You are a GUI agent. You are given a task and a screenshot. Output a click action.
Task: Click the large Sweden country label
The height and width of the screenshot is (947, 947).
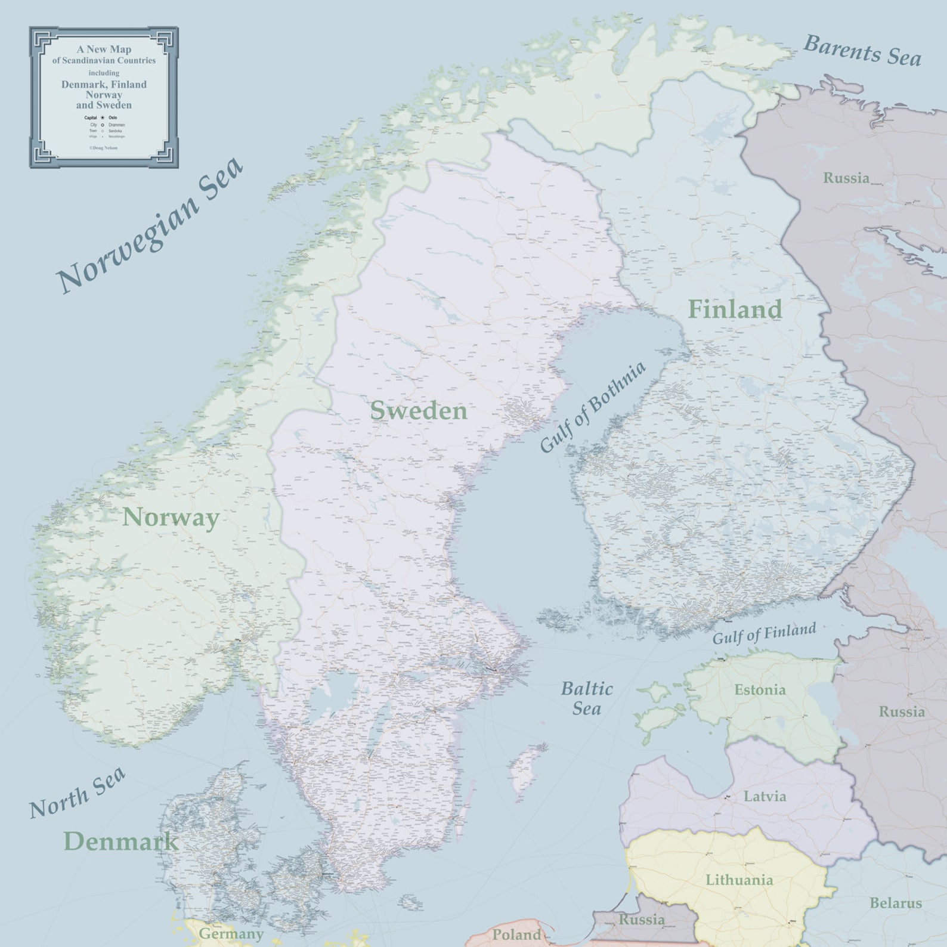point(419,411)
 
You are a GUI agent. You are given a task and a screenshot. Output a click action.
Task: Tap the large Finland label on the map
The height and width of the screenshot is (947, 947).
point(735,309)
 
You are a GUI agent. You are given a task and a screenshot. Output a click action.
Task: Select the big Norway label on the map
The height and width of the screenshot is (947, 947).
point(171,517)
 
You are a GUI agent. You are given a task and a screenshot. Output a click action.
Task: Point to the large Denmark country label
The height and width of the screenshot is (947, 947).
point(121,841)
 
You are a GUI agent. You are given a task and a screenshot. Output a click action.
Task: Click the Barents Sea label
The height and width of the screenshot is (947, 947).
point(862,51)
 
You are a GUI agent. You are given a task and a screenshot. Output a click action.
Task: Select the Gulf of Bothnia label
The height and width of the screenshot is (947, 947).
point(593,407)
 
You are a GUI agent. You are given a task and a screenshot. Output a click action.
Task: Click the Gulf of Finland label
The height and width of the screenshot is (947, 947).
point(764,633)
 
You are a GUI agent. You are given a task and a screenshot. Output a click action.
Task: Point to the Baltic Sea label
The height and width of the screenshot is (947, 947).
point(587,698)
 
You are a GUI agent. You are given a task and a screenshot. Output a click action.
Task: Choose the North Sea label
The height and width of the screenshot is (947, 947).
point(78,793)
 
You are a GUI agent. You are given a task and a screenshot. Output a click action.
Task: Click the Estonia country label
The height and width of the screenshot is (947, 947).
point(760,690)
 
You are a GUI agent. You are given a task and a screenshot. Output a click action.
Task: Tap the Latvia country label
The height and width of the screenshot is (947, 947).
point(765,796)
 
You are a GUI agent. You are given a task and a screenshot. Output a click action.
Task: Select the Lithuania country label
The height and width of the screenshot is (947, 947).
point(739,880)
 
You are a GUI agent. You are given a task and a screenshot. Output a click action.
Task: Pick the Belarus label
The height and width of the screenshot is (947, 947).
point(895,903)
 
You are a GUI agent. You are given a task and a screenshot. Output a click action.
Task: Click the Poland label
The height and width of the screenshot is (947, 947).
point(516,934)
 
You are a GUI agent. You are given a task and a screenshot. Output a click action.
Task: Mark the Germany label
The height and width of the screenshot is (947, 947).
point(231,933)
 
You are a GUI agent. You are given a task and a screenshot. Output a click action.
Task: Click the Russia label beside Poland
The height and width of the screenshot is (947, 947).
point(641,919)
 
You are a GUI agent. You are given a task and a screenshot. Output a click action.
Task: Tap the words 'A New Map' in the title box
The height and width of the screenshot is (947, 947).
point(104,49)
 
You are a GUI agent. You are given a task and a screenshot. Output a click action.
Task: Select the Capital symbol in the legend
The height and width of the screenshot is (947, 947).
point(103,118)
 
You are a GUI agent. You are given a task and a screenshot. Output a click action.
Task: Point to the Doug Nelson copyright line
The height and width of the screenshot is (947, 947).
point(104,147)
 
